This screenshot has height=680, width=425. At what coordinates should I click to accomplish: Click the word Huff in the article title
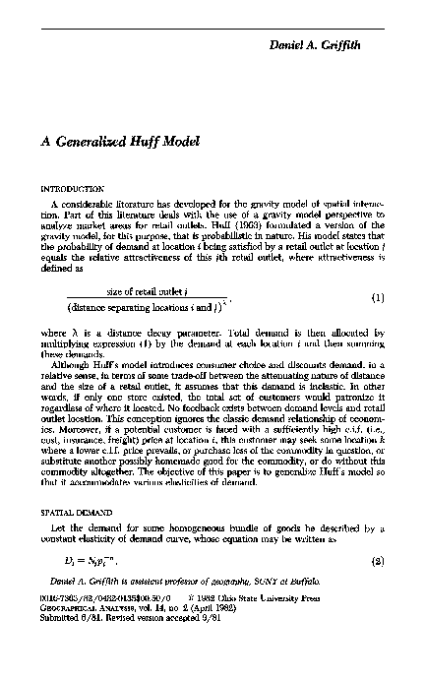point(138,141)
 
